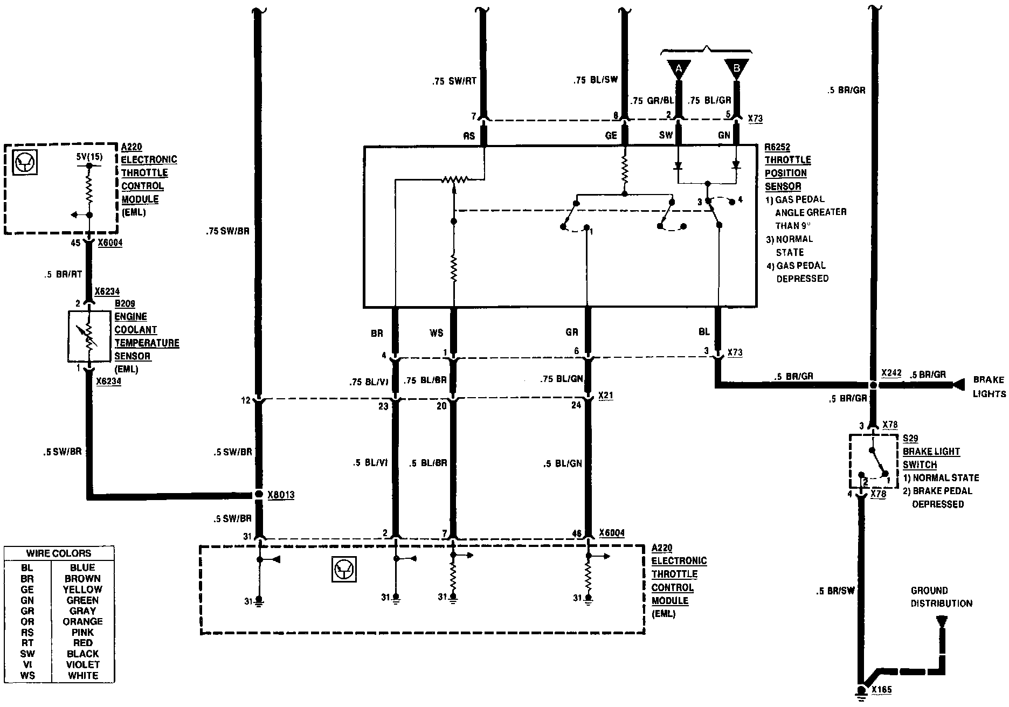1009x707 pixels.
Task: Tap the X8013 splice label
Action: click(x=281, y=495)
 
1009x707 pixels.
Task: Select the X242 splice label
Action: click(x=890, y=373)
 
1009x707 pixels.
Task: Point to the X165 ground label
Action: click(x=882, y=690)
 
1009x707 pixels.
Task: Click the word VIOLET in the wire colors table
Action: click(x=82, y=664)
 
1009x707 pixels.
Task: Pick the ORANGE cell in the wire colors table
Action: click(x=82, y=621)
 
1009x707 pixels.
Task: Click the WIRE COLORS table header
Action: click(x=59, y=553)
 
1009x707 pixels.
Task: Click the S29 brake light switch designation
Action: click(x=910, y=439)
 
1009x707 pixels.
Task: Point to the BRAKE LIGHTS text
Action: click(x=989, y=387)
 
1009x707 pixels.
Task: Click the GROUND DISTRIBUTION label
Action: click(x=941, y=597)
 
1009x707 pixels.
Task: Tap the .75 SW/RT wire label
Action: click(x=454, y=82)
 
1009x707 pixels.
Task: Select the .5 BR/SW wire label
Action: click(x=835, y=591)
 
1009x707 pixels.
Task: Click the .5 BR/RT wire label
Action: click(x=64, y=274)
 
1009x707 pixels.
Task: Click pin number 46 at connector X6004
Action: click(x=577, y=534)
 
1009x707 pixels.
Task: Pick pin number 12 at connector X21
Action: click(x=246, y=400)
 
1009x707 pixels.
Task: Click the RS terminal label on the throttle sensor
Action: click(x=469, y=136)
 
